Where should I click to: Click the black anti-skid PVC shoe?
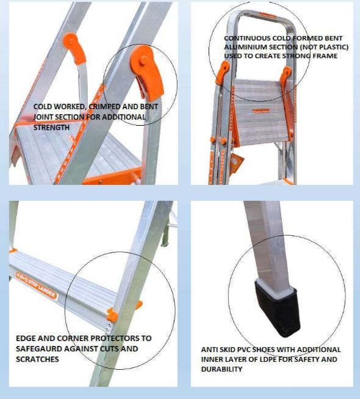277,309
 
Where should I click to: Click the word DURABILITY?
221,369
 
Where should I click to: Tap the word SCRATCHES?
37,359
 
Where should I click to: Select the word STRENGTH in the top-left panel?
51,128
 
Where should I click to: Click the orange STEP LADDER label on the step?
37,285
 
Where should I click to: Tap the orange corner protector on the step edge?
112,315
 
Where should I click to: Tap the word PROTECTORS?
115,338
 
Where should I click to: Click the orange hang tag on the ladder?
237,164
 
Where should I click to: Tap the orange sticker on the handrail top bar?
268,16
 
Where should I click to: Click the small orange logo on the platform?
261,111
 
